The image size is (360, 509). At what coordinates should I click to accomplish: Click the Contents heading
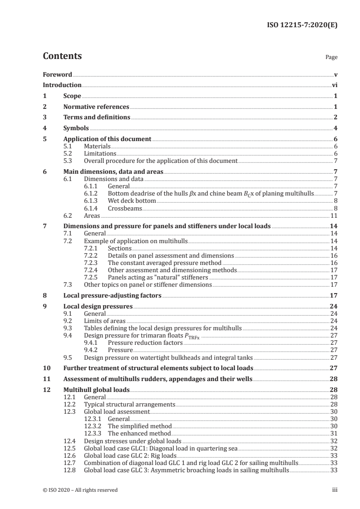[x=62, y=57]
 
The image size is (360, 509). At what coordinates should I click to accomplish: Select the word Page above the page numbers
[x=331, y=58]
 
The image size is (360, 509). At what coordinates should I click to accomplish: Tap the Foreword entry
[x=57, y=74]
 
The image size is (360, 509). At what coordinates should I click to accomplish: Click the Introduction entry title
[x=62, y=85]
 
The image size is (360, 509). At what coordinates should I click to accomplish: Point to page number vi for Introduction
[x=334, y=85]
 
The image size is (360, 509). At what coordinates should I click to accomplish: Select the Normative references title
[x=96, y=107]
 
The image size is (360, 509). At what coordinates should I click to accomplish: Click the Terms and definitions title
[x=97, y=117]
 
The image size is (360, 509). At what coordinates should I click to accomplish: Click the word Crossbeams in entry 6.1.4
[x=125, y=208]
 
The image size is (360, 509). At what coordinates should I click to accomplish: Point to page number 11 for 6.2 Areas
[x=334, y=215]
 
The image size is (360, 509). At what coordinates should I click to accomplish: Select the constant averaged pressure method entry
[x=164, y=263]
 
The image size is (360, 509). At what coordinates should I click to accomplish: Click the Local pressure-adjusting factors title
[x=112, y=295]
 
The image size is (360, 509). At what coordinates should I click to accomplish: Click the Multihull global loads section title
[x=97, y=390]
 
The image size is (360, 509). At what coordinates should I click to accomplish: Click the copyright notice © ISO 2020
[x=80, y=490]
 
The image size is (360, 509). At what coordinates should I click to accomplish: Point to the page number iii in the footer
[x=335, y=490]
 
